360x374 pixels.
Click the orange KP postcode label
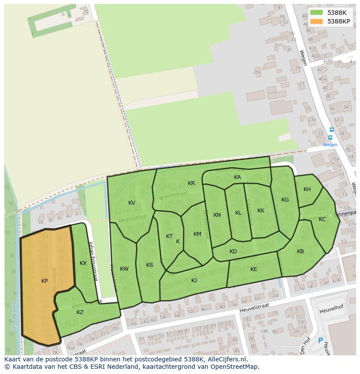44,281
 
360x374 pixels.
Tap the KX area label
83,263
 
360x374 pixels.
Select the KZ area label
80,312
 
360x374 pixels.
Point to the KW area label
124,269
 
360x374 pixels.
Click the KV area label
132,203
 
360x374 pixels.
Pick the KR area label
191,183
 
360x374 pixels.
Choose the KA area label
237,177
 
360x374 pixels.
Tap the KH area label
307,189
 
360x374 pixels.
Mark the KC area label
322,219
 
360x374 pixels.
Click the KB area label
300,252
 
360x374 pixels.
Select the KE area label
254,269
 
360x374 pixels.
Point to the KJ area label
194,281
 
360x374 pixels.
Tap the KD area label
233,252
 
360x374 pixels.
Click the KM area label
197,234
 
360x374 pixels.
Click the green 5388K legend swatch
317,13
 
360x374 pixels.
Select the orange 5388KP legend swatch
317,21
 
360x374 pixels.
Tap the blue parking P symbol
321,341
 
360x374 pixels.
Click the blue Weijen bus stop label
330,145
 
